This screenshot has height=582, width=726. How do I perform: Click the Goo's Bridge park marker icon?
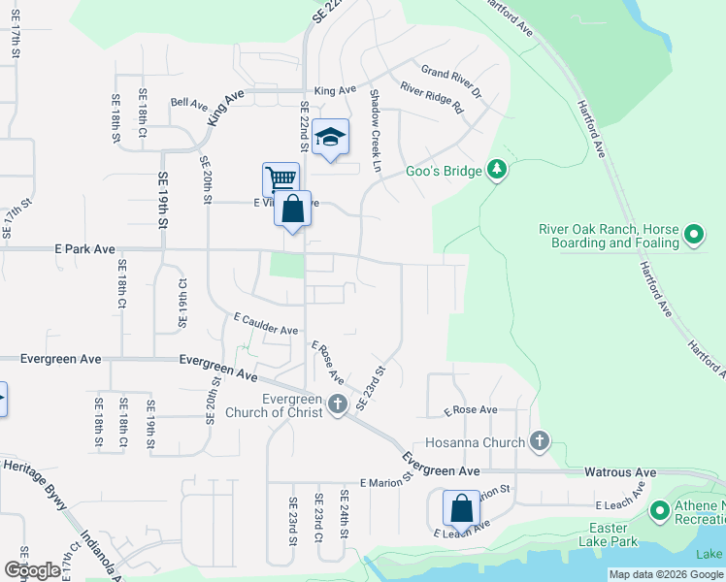coord(497,171)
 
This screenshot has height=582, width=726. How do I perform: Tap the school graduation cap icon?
coord(330,139)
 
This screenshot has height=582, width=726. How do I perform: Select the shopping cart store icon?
coord(280,178)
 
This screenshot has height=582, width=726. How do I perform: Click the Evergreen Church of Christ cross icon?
coord(337,404)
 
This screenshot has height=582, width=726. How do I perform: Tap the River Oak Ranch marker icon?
coord(694,235)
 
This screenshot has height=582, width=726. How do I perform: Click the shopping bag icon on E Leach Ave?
coord(461,507)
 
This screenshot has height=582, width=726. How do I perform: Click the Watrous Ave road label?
coord(620,472)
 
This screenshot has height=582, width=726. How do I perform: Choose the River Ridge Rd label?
coord(433,98)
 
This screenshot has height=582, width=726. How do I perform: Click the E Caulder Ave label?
coord(265,324)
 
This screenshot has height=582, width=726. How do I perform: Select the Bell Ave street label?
coord(189,102)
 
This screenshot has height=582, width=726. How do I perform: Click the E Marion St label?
coord(386,479)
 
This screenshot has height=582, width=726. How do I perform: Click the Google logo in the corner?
coord(32,570)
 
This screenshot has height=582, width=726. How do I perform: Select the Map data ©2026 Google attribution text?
coord(666,574)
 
